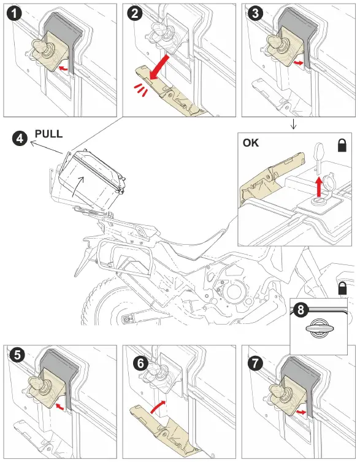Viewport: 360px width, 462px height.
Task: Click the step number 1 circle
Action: (14, 13)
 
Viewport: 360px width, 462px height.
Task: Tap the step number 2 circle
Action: (135, 13)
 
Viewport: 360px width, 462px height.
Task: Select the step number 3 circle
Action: (255, 13)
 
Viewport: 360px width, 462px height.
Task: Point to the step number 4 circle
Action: (20, 138)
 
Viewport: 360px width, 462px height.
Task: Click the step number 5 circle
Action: (17, 355)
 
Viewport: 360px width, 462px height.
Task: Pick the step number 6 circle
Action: (140, 363)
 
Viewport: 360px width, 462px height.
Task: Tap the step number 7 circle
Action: (255, 363)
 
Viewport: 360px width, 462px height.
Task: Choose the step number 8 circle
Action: (301, 310)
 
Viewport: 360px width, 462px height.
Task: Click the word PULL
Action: (48, 134)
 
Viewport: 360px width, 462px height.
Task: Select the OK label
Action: (251, 143)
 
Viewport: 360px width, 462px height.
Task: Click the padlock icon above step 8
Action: (342, 288)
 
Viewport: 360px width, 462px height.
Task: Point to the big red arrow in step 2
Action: (159, 67)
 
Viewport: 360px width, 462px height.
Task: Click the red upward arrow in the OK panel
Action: (319, 187)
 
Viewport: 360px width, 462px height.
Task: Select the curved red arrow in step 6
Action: (158, 407)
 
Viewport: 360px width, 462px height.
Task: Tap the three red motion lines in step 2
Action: (141, 90)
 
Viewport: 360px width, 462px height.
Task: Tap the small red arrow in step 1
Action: (63, 68)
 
